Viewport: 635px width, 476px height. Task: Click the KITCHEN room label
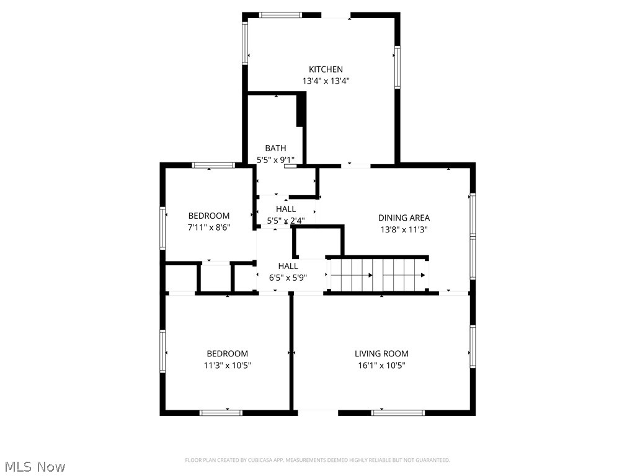coord(326,69)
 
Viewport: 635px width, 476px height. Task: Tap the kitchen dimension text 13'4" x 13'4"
coord(326,81)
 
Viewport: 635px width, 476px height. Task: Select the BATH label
coord(275,148)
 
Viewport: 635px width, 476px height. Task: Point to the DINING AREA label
coord(404,218)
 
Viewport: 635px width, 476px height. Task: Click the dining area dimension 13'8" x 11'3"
coord(404,229)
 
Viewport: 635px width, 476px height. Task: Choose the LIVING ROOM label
coord(381,354)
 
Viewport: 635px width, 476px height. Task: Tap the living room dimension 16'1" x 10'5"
coord(381,365)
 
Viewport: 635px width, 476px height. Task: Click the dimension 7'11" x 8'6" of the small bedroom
coord(208,227)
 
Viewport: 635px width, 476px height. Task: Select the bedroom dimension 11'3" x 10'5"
coord(227,365)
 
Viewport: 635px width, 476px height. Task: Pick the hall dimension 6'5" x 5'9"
coord(288,278)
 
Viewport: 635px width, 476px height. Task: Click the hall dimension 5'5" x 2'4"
coord(285,221)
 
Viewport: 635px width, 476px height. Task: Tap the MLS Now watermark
coord(35,466)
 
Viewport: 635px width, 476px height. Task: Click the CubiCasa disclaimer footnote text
coord(317,460)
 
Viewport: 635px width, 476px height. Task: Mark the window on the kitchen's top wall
coord(280,15)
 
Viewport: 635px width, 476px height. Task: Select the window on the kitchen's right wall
coord(397,66)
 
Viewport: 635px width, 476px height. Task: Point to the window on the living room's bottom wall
coord(398,412)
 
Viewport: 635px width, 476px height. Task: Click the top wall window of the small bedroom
coord(213,165)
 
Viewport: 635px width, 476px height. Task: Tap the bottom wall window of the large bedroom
coord(221,412)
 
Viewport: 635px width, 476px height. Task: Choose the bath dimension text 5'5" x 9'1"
coord(275,159)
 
